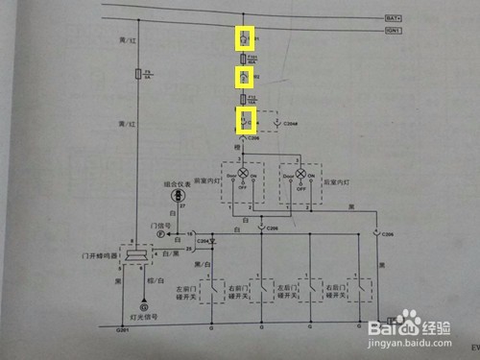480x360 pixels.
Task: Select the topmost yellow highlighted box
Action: tap(246, 38)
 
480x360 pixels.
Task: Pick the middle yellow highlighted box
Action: tap(246, 77)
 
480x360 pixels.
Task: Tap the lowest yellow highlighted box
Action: tap(246, 121)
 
